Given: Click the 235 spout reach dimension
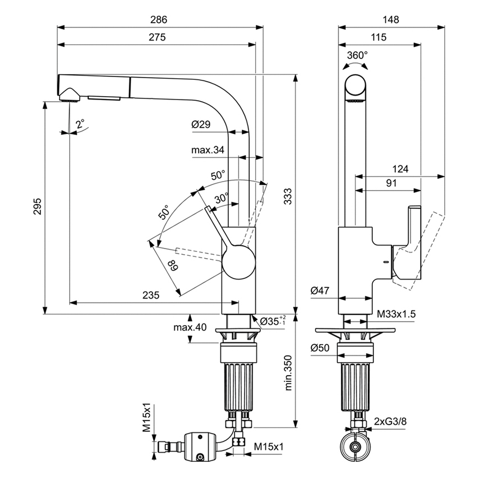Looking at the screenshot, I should [x=151, y=295].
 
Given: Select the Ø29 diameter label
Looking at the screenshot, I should [x=201, y=125].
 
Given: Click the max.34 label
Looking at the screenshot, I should [x=208, y=150].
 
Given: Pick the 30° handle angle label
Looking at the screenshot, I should [x=221, y=199].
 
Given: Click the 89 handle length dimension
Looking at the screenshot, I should [x=172, y=265].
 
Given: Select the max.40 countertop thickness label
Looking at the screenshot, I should [x=190, y=328].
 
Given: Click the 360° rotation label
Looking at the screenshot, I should [x=357, y=55].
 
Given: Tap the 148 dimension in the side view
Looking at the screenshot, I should [x=390, y=20].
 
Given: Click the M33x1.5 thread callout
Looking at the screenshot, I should [x=396, y=314].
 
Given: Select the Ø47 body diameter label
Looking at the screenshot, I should [x=319, y=291].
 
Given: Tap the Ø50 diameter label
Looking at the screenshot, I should [x=319, y=347].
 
